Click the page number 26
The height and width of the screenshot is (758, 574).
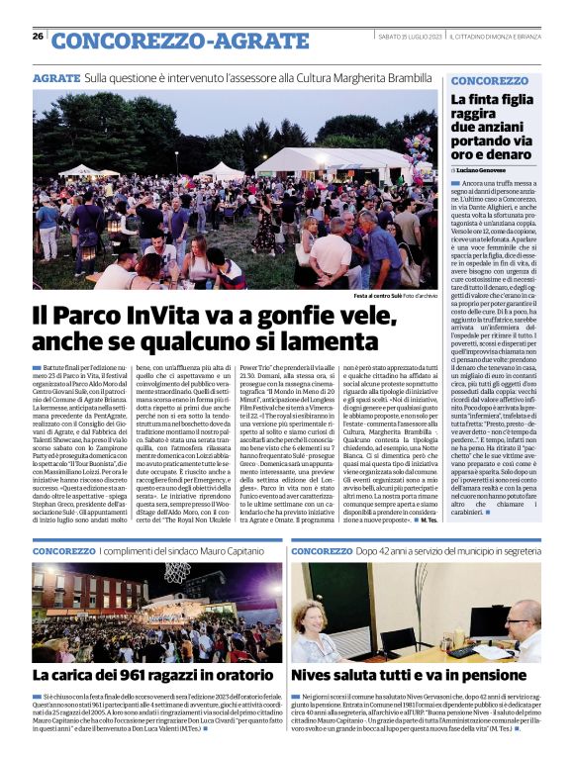[x=38, y=36]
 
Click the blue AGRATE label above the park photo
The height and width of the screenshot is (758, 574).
[x=55, y=77]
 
